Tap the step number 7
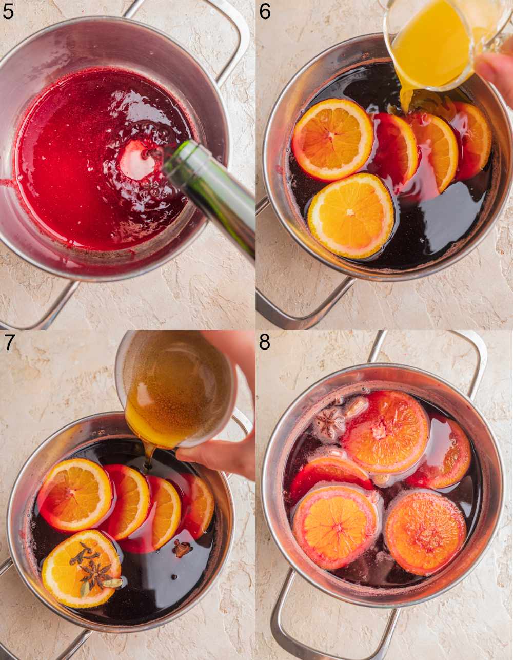(8, 341)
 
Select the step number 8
(265, 341)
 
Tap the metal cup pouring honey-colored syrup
(174, 385)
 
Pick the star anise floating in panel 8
(330, 424)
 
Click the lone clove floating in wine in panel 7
(181, 549)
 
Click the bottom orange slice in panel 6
(351, 216)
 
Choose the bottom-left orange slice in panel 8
(334, 526)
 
